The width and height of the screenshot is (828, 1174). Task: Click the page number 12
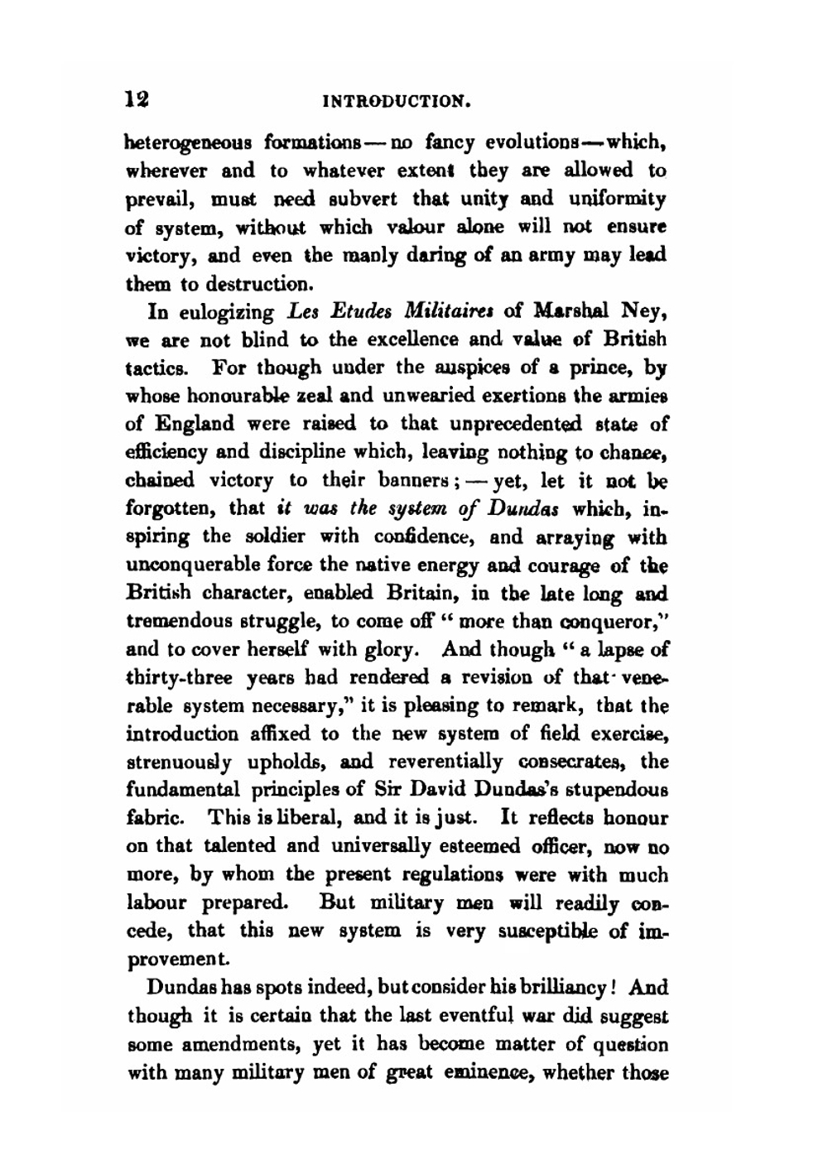pyautogui.click(x=137, y=100)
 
